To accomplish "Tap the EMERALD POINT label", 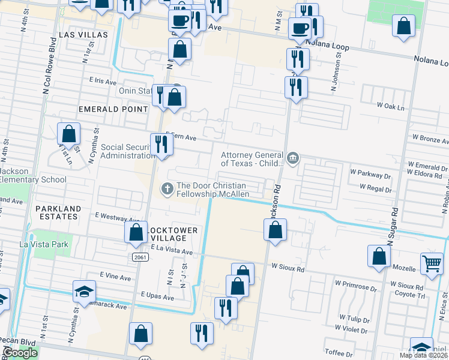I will pyautogui.click(x=113, y=109).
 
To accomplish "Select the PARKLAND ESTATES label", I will pyautogui.click(x=58, y=213).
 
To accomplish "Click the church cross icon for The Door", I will pyautogui.click(x=167, y=190).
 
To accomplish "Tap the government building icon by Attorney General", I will pyautogui.click(x=292, y=158).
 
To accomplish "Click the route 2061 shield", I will pyautogui.click(x=140, y=256).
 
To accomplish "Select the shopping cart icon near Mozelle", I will pyautogui.click(x=432, y=263).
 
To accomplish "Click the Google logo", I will pyautogui.click(x=20, y=353).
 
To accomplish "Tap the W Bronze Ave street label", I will pyautogui.click(x=426, y=139).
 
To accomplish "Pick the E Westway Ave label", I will pyautogui.click(x=116, y=219).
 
